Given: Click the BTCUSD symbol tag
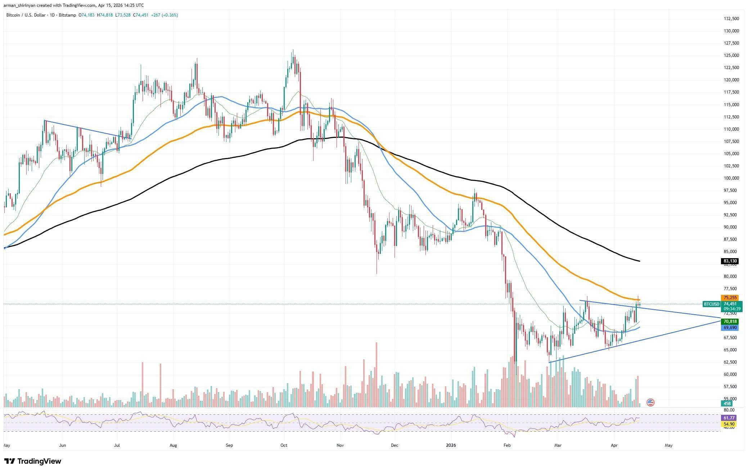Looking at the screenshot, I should pyautogui.click(x=711, y=304).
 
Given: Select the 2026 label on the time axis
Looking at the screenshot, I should pyautogui.click(x=451, y=445).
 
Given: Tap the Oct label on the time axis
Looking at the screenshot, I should pyautogui.click(x=284, y=445).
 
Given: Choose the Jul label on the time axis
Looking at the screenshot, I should pyautogui.click(x=117, y=445).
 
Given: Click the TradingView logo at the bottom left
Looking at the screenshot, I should pyautogui.click(x=32, y=461).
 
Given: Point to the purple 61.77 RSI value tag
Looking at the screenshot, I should pyautogui.click(x=729, y=418).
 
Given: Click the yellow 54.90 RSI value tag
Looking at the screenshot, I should pyautogui.click(x=729, y=424).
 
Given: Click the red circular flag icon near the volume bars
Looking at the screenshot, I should pyautogui.click(x=650, y=403).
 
